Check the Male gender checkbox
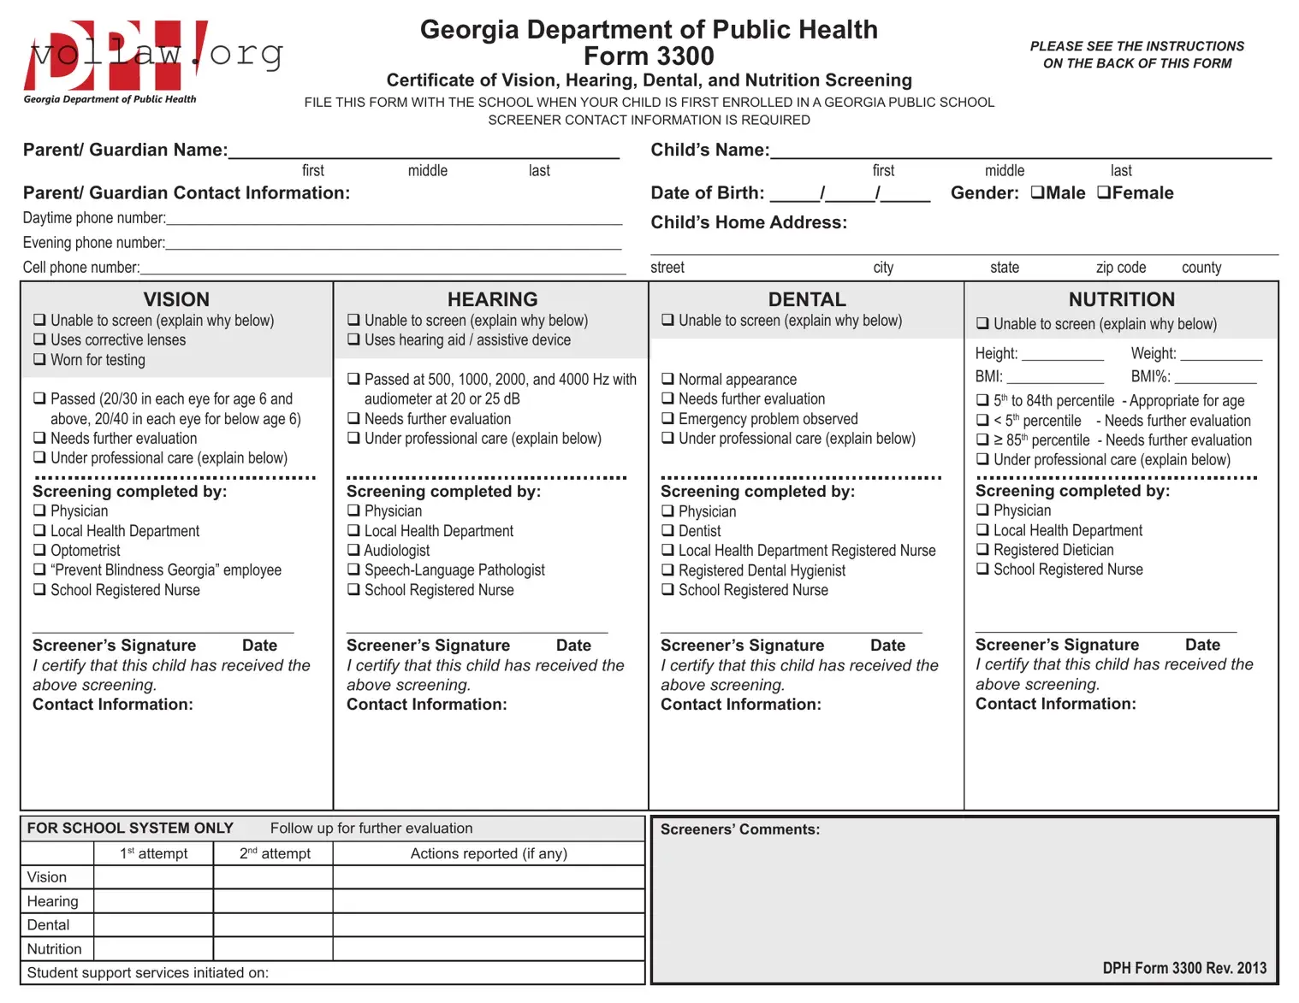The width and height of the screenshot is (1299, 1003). click(1037, 192)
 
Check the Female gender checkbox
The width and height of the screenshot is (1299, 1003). click(1104, 192)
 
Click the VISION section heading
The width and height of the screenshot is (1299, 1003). click(176, 299)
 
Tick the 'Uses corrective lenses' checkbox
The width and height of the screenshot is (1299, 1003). click(39, 339)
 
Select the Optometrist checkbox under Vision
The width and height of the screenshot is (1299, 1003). click(39, 550)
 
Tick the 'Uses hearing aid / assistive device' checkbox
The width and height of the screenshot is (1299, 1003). click(353, 339)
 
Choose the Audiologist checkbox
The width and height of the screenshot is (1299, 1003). click(353, 550)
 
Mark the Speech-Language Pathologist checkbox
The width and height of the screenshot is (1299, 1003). click(353, 569)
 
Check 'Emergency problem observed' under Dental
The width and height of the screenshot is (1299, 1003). click(667, 418)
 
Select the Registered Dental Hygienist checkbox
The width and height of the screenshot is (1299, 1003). click(667, 569)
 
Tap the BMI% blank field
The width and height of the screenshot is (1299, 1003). click(1215, 377)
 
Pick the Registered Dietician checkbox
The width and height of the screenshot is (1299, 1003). click(982, 549)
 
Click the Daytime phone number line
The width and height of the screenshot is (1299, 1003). click(394, 219)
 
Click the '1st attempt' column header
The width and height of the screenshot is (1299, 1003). click(153, 853)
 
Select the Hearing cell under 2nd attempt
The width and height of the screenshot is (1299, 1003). click(273, 901)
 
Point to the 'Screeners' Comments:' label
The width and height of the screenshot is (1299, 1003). click(739, 829)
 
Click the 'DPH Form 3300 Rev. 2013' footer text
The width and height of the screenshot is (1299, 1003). click(1184, 968)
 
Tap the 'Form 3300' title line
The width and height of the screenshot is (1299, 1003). click(649, 56)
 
